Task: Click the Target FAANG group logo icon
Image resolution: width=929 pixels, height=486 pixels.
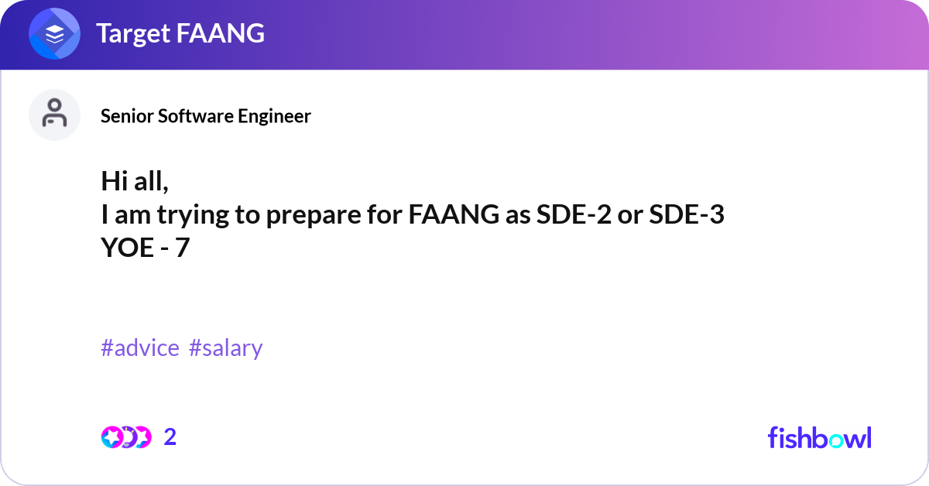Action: [54, 33]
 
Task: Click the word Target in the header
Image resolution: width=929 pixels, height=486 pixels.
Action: [133, 33]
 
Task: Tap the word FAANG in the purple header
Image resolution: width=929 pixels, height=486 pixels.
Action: [220, 33]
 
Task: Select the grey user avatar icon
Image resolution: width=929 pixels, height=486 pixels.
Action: [54, 115]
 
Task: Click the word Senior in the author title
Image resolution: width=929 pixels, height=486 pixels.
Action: [126, 116]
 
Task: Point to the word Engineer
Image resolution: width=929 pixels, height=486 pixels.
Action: [274, 116]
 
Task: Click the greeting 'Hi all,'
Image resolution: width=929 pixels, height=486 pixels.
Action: [135, 181]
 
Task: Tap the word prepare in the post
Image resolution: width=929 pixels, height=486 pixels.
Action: [314, 215]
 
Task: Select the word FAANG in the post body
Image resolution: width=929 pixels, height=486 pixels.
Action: [454, 214]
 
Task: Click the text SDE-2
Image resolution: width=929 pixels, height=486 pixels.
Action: [574, 214]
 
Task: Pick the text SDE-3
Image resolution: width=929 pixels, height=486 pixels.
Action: [687, 214]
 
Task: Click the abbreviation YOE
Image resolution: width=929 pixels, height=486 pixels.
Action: [127, 248]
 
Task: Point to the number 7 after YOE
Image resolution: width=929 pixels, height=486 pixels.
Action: [182, 248]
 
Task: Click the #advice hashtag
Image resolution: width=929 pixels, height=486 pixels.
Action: [140, 347]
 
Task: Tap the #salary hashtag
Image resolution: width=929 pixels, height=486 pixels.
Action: [225, 348]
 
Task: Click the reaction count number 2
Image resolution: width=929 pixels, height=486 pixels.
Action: [170, 437]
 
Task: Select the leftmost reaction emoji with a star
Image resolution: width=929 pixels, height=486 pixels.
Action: [111, 437]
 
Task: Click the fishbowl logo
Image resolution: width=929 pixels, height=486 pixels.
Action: [820, 437]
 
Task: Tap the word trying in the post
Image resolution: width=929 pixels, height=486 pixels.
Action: [193, 215]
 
